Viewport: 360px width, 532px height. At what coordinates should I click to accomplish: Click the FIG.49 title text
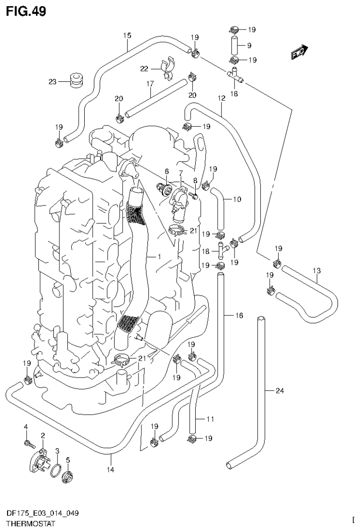tap(26, 11)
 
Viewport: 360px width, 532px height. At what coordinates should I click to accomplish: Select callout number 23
tap(53, 81)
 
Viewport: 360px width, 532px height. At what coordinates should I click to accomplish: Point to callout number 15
tap(127, 35)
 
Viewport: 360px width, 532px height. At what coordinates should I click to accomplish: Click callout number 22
tap(145, 68)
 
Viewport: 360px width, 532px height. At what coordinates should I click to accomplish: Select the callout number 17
tap(150, 84)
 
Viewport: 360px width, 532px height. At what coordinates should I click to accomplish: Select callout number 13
tap(317, 270)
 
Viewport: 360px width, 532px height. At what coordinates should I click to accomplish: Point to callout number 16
tap(239, 316)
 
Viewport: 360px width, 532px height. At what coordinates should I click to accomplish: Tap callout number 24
tap(279, 391)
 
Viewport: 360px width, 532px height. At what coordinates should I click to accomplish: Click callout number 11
tap(210, 420)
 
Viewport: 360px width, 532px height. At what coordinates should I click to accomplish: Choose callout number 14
tap(110, 469)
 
